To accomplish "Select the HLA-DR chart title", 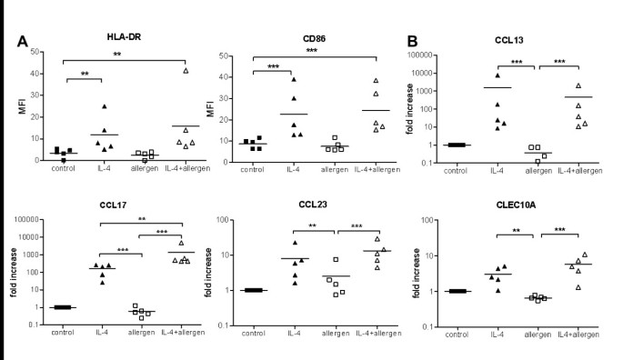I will (x=108, y=35).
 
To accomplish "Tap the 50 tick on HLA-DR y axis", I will (x=35, y=51).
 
